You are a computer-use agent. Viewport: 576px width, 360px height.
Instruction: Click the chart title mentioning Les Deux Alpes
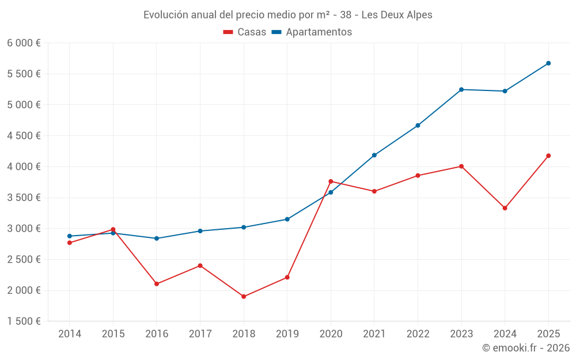click(x=287, y=14)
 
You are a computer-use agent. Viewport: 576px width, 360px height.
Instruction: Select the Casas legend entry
click(x=245, y=32)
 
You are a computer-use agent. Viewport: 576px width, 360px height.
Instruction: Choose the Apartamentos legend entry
click(x=312, y=32)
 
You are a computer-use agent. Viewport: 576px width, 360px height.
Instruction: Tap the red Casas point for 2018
click(x=244, y=297)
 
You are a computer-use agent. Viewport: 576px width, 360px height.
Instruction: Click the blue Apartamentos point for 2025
click(x=548, y=63)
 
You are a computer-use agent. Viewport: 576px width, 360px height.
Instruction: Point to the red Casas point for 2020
click(x=331, y=181)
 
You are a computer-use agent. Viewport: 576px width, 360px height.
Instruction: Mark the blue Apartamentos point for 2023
click(x=461, y=89)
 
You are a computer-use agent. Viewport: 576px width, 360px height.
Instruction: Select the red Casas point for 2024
click(x=505, y=208)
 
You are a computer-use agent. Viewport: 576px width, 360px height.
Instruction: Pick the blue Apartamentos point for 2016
click(x=157, y=238)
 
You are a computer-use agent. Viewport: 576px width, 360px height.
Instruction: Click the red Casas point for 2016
click(x=157, y=284)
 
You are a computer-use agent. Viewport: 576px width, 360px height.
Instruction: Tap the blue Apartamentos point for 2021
click(x=374, y=155)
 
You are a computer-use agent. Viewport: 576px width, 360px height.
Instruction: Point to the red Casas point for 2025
click(x=548, y=156)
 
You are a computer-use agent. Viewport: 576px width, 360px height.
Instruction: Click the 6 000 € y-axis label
click(x=24, y=43)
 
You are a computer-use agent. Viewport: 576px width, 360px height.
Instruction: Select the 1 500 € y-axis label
click(x=24, y=321)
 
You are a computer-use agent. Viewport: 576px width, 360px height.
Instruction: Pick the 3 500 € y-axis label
click(x=24, y=198)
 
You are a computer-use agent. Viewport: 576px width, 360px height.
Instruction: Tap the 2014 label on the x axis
click(x=70, y=334)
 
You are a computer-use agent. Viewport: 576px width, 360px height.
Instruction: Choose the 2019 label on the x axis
click(x=287, y=334)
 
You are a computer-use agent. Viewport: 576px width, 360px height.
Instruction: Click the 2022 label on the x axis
click(x=418, y=334)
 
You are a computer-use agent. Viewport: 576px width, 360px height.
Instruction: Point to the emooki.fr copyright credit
click(x=525, y=348)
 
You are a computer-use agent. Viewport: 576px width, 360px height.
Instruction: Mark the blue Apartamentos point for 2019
click(x=287, y=219)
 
